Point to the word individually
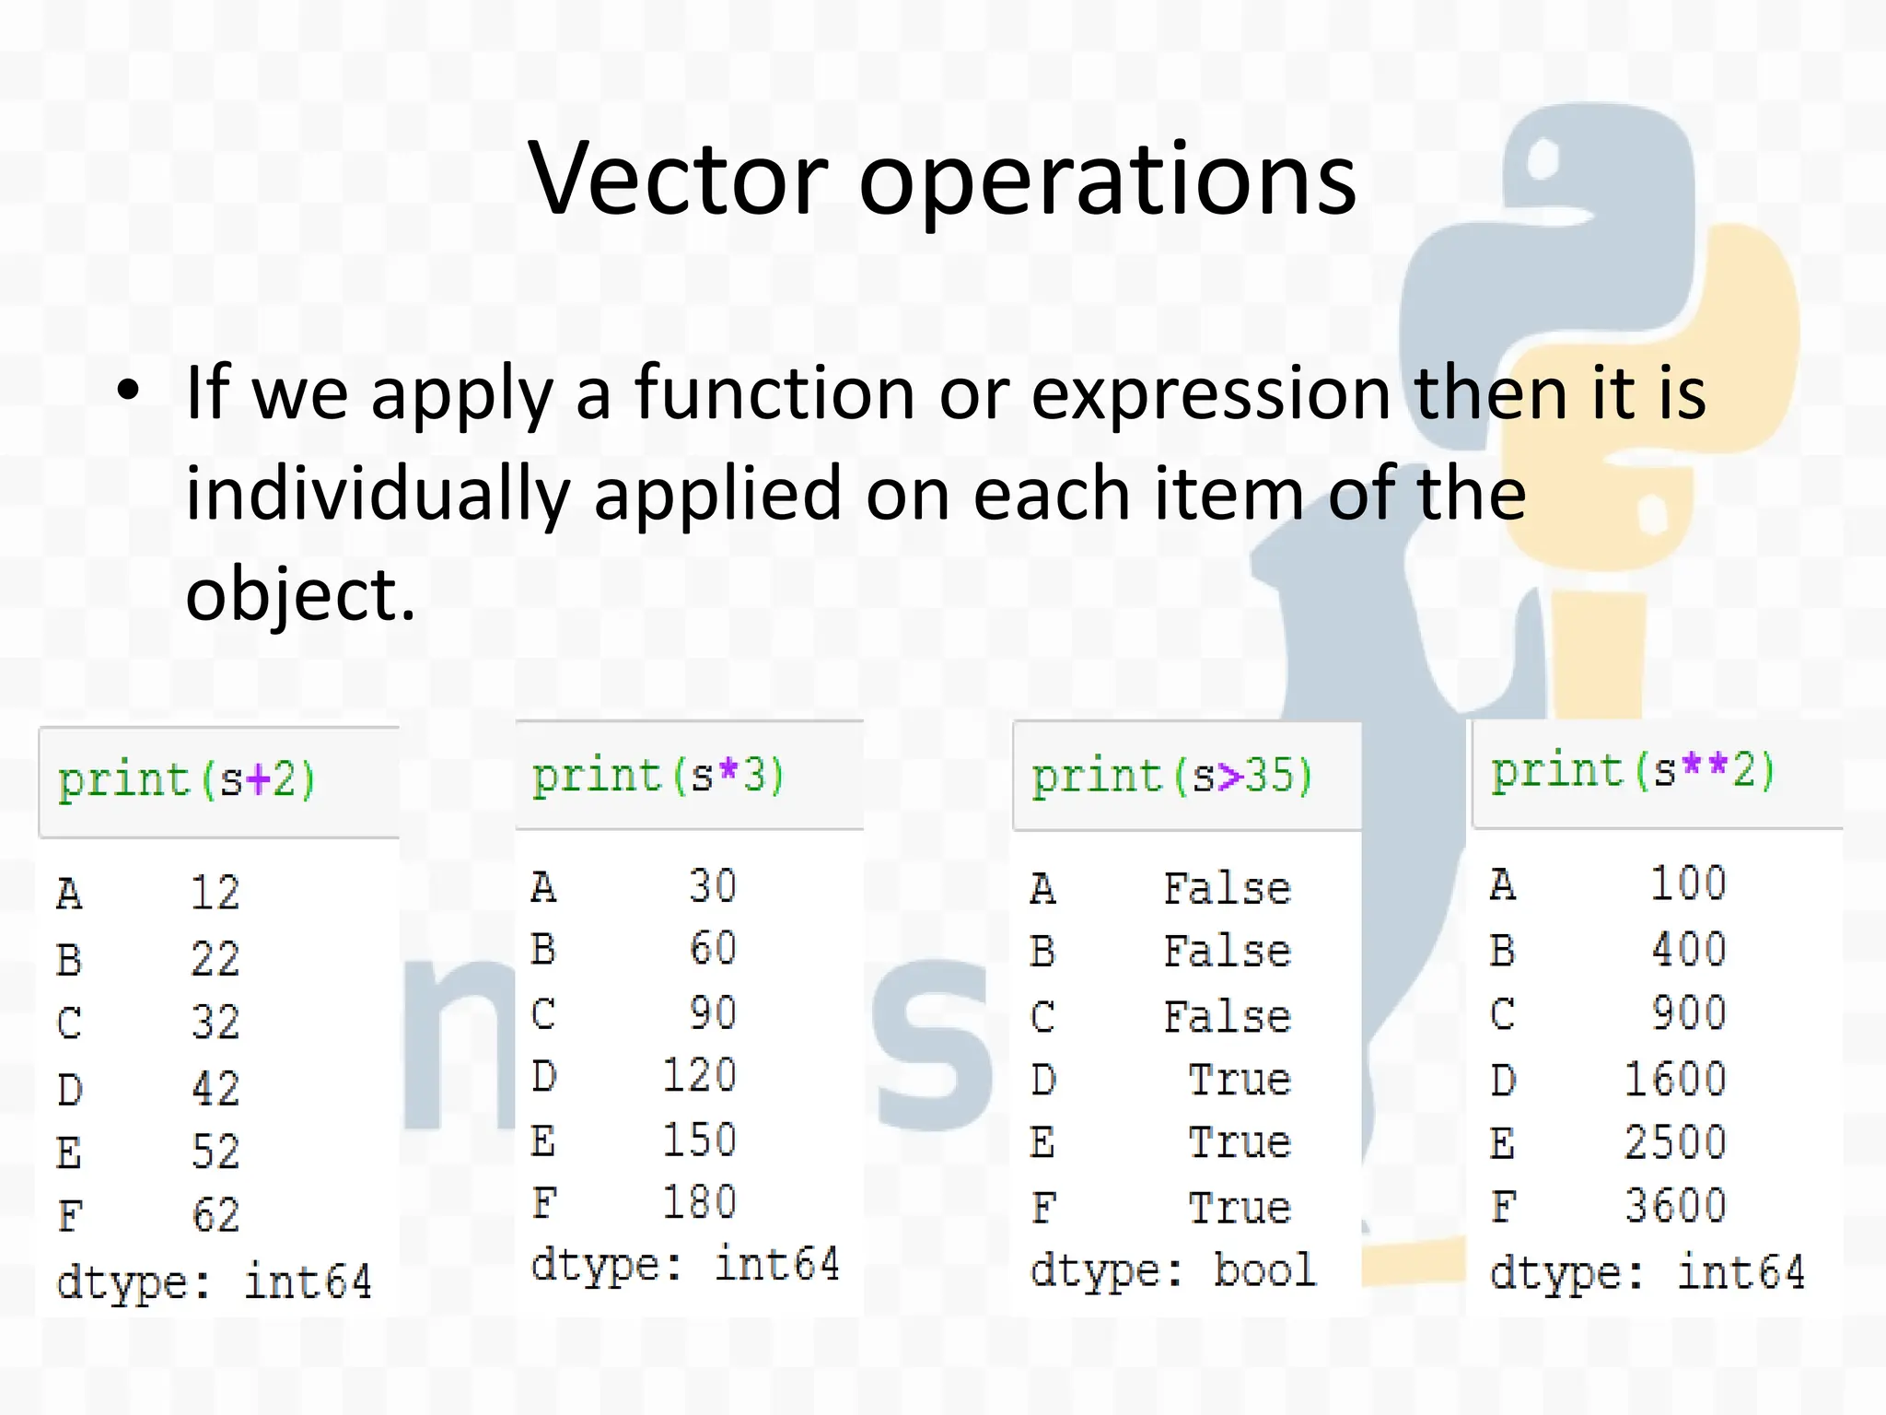pyautogui.click(x=378, y=495)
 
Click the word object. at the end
pyautogui.click(x=300, y=594)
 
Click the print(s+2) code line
pyautogui.click(x=187, y=780)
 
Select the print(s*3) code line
pyautogui.click(x=658, y=775)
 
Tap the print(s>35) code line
pyautogui.click(x=1171, y=776)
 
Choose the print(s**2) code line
pyautogui.click(x=1633, y=770)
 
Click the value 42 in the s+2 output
pyautogui.click(x=215, y=1088)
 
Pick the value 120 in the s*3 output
pyautogui.click(x=700, y=1076)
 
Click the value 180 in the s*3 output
pyautogui.click(x=700, y=1202)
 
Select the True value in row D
pyautogui.click(x=1240, y=1080)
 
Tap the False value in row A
pyautogui.click(x=1227, y=889)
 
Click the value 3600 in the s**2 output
pyautogui.click(x=1674, y=1206)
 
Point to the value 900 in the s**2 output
pyautogui.click(x=1688, y=1013)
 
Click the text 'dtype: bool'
pyautogui.click(x=1173, y=1270)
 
